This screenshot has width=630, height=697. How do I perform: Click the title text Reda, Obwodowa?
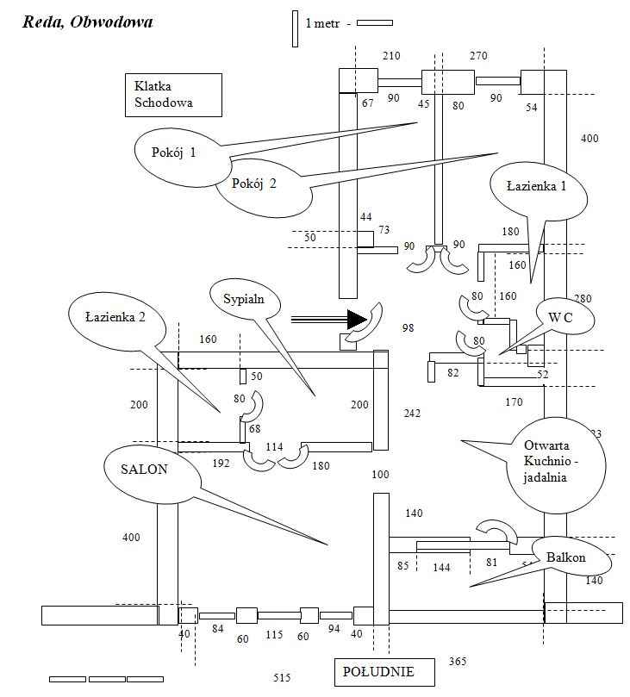click(x=88, y=22)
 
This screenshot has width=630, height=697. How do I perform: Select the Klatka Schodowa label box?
click(x=171, y=95)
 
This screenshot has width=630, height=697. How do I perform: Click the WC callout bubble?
click(x=561, y=318)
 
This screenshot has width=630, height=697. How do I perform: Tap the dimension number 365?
click(x=458, y=662)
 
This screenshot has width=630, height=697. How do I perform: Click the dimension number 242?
click(x=412, y=414)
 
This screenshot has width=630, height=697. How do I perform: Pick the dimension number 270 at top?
click(x=478, y=56)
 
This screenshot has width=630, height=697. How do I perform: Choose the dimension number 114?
click(x=274, y=446)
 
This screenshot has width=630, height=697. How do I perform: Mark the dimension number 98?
click(x=408, y=328)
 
